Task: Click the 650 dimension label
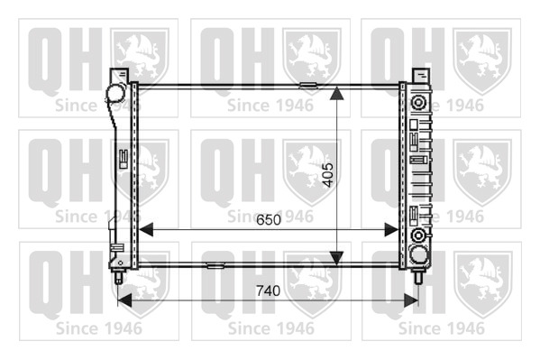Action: click(x=269, y=219)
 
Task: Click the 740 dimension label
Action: click(x=268, y=291)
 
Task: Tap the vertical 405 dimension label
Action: click(x=328, y=175)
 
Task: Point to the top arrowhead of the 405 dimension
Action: click(x=336, y=93)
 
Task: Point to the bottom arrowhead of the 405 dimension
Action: click(x=336, y=258)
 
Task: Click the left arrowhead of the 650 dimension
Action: click(x=146, y=230)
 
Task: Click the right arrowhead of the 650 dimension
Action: click(x=391, y=230)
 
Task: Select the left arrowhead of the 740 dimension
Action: click(x=124, y=300)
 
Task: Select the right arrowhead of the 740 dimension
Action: click(x=411, y=300)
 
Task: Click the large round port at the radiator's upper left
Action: click(x=115, y=93)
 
